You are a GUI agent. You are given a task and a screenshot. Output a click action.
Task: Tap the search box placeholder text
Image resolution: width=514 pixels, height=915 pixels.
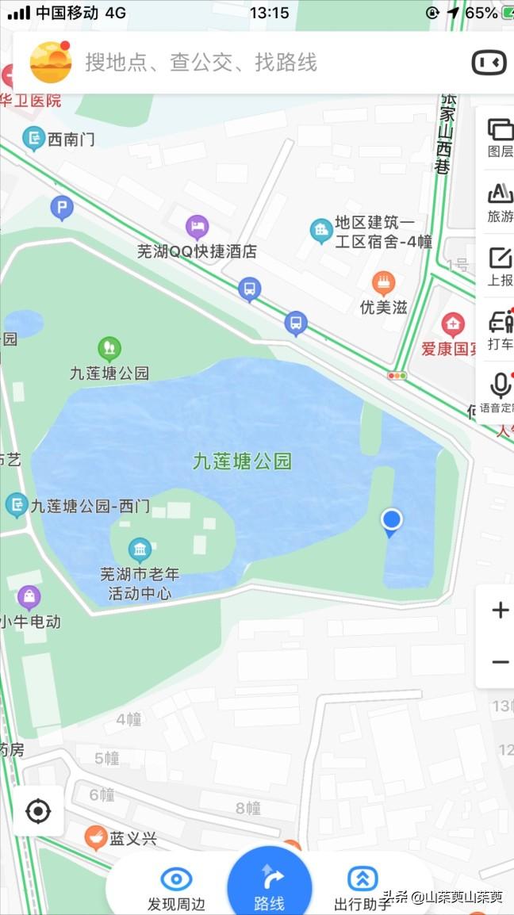click(201, 63)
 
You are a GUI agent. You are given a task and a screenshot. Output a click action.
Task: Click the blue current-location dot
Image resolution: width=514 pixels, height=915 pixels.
click(391, 520)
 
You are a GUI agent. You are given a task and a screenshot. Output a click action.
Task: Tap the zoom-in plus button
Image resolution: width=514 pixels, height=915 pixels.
click(500, 610)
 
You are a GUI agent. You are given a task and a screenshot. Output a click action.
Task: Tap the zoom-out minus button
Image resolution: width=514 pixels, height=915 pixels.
click(500, 662)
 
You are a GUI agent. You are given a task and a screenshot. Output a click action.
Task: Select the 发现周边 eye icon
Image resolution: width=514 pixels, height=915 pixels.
click(176, 879)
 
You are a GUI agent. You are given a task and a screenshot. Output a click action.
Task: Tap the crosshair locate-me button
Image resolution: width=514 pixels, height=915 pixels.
click(38, 811)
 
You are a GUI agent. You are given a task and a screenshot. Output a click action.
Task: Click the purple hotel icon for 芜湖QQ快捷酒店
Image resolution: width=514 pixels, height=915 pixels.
click(198, 228)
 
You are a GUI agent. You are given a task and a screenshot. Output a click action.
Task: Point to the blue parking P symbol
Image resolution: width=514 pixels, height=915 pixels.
click(62, 209)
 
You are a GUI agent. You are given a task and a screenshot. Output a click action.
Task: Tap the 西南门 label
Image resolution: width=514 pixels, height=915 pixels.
click(71, 140)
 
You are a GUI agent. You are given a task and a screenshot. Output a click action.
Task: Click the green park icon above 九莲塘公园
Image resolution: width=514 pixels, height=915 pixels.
click(109, 347)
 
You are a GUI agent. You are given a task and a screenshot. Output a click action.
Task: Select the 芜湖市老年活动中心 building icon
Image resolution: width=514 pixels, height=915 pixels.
click(140, 549)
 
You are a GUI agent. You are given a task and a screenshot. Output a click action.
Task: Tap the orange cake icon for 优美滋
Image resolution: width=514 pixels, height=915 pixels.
click(384, 282)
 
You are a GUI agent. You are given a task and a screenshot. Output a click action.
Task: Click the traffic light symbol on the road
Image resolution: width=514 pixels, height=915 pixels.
click(397, 375)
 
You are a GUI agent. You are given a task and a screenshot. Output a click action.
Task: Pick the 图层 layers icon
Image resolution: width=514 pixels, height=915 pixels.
click(501, 129)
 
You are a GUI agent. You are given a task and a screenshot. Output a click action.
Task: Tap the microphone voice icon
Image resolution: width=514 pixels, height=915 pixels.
click(501, 386)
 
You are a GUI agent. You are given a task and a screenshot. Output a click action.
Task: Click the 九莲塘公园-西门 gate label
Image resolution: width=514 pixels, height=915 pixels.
click(90, 505)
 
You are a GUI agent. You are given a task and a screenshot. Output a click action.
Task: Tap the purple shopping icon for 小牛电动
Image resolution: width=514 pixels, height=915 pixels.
click(29, 596)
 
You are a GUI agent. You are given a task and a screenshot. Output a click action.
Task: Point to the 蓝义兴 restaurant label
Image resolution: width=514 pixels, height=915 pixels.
click(133, 838)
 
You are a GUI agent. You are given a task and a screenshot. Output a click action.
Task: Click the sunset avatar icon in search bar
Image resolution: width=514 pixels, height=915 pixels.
click(49, 62)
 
